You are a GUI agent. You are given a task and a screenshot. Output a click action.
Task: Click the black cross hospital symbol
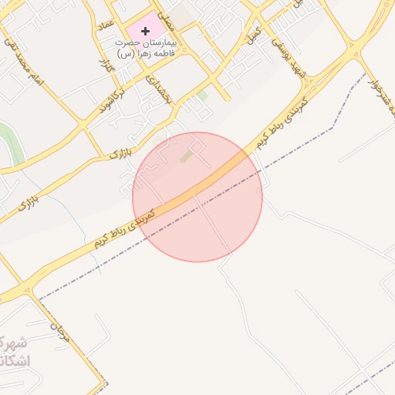pos(146,31)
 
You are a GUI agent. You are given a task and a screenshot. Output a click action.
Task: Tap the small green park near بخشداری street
pos(202,95)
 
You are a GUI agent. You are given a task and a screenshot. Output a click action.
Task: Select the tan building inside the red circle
pos(187,157)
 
